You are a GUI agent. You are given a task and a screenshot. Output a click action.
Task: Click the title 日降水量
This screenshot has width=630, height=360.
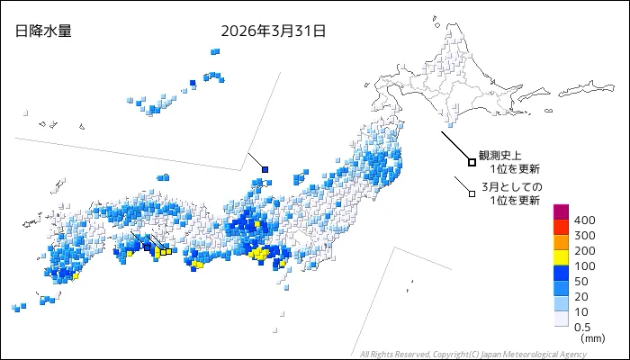click(x=43, y=31)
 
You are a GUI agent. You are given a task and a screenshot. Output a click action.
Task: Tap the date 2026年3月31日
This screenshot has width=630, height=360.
click(x=273, y=31)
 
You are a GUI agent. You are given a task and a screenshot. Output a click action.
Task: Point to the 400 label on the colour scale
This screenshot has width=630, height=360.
click(x=585, y=220)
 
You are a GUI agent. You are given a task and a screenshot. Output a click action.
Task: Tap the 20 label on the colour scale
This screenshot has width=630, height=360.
click(x=582, y=296)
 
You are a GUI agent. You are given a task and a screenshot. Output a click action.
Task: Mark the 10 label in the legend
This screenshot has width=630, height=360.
click(x=582, y=311)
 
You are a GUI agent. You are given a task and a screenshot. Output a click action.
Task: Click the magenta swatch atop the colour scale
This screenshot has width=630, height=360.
click(x=561, y=212)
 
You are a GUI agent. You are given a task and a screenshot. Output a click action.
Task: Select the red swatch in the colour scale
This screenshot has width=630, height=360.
click(x=561, y=227)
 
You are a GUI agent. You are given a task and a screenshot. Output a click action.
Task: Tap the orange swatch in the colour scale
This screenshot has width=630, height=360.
click(x=561, y=242)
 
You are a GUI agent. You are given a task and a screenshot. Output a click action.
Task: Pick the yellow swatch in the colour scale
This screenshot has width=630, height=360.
click(x=561, y=257)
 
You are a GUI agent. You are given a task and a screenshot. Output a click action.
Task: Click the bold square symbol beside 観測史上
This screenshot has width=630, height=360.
click(x=472, y=162)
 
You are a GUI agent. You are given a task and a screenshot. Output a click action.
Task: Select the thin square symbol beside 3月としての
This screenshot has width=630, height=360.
click(x=472, y=192)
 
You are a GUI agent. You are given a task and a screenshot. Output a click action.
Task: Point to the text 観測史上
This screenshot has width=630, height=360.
click(x=499, y=156)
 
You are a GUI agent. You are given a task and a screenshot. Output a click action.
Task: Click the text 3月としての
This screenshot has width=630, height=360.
click(x=512, y=186)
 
